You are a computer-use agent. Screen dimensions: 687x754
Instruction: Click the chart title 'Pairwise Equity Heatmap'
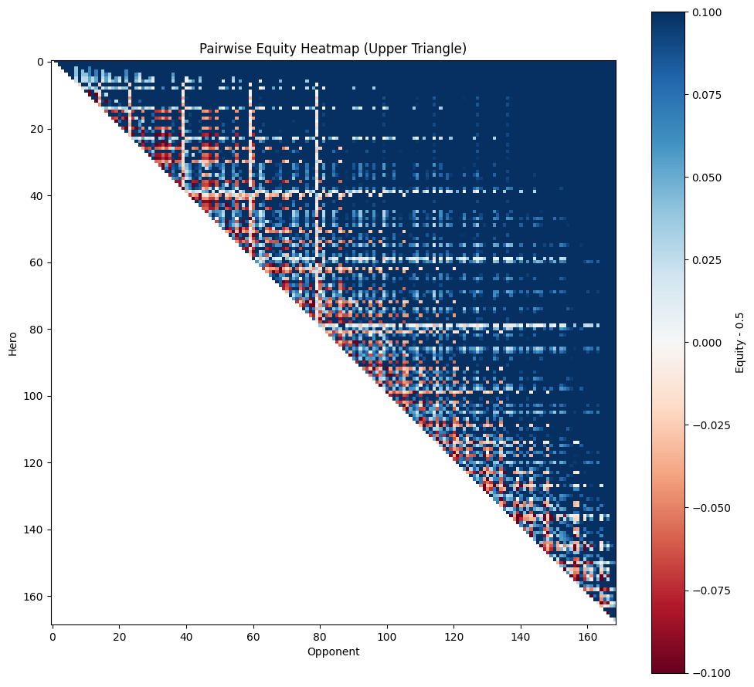pyautogui.click(x=332, y=49)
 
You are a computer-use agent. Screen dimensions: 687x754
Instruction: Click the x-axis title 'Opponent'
pyautogui.click(x=333, y=651)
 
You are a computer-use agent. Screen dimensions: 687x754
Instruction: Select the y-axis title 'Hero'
pyautogui.click(x=12, y=343)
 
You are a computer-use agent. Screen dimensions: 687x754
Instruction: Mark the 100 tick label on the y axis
pyautogui.click(x=34, y=396)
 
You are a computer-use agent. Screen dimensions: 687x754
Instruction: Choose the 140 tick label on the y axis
pyautogui.click(x=34, y=530)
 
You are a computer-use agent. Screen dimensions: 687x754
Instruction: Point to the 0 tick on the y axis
pyautogui.click(x=40, y=62)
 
